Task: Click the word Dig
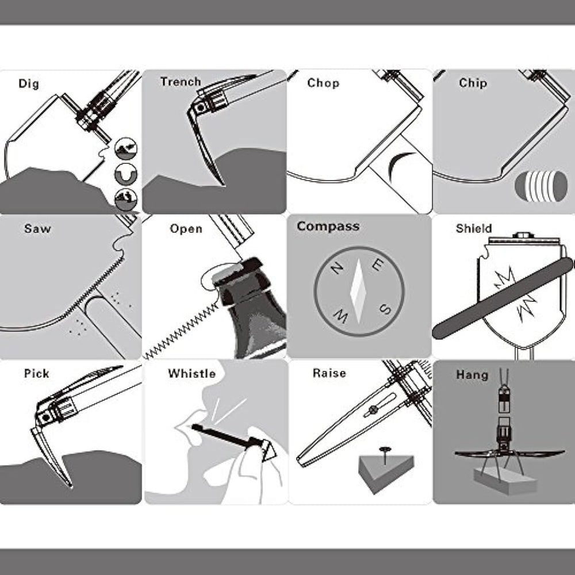[29, 84]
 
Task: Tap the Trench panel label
[181, 82]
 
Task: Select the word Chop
[323, 83]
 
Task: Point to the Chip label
[473, 83]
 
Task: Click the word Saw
[37, 228]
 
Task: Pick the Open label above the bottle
[186, 229]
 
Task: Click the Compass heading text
[328, 227]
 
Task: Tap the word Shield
[473, 228]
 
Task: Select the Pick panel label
[36, 374]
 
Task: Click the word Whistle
[191, 374]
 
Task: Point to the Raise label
[329, 373]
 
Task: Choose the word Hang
[472, 375]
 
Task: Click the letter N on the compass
[337, 269]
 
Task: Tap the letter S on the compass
[384, 310]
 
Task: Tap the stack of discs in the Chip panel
[541, 186]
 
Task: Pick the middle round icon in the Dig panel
[126, 174]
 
